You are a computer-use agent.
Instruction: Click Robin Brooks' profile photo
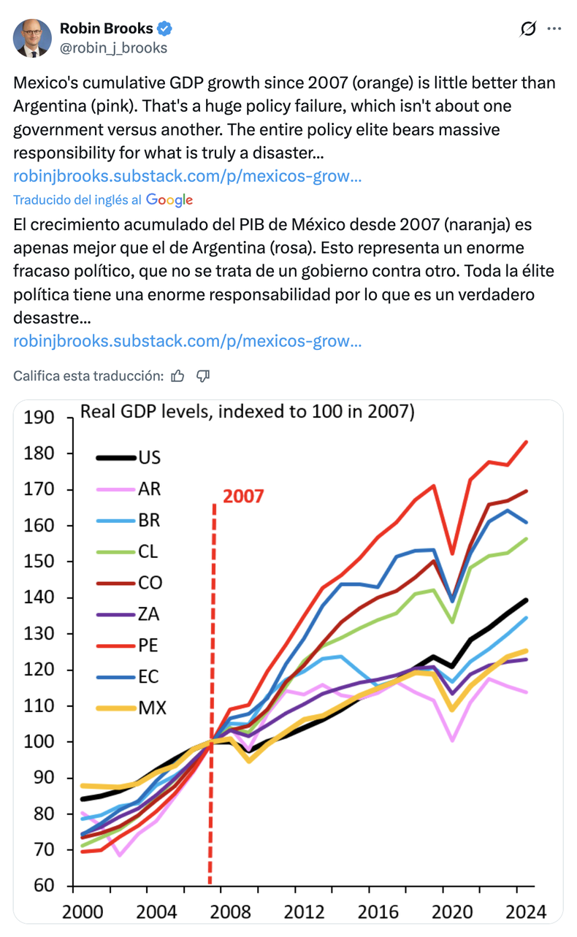coord(33,38)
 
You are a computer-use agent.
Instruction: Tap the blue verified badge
coord(165,29)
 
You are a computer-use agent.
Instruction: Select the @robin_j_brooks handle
coord(113,48)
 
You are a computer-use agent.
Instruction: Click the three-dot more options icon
coord(554,29)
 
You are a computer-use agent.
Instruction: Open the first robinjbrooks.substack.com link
coord(187,176)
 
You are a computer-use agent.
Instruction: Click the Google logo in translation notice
coord(169,199)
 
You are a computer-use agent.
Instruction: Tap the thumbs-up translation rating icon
coord(177,376)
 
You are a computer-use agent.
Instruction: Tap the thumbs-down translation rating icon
coord(203,376)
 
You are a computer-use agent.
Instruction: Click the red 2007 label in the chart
coord(243,497)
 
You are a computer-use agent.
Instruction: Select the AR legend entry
coord(149,489)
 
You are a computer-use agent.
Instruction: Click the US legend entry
coord(149,458)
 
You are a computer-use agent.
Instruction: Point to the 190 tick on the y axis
coord(39,418)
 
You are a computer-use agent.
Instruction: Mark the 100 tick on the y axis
coord(39,742)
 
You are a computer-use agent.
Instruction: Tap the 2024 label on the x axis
coord(527,912)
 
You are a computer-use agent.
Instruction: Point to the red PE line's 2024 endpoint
coord(526,442)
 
